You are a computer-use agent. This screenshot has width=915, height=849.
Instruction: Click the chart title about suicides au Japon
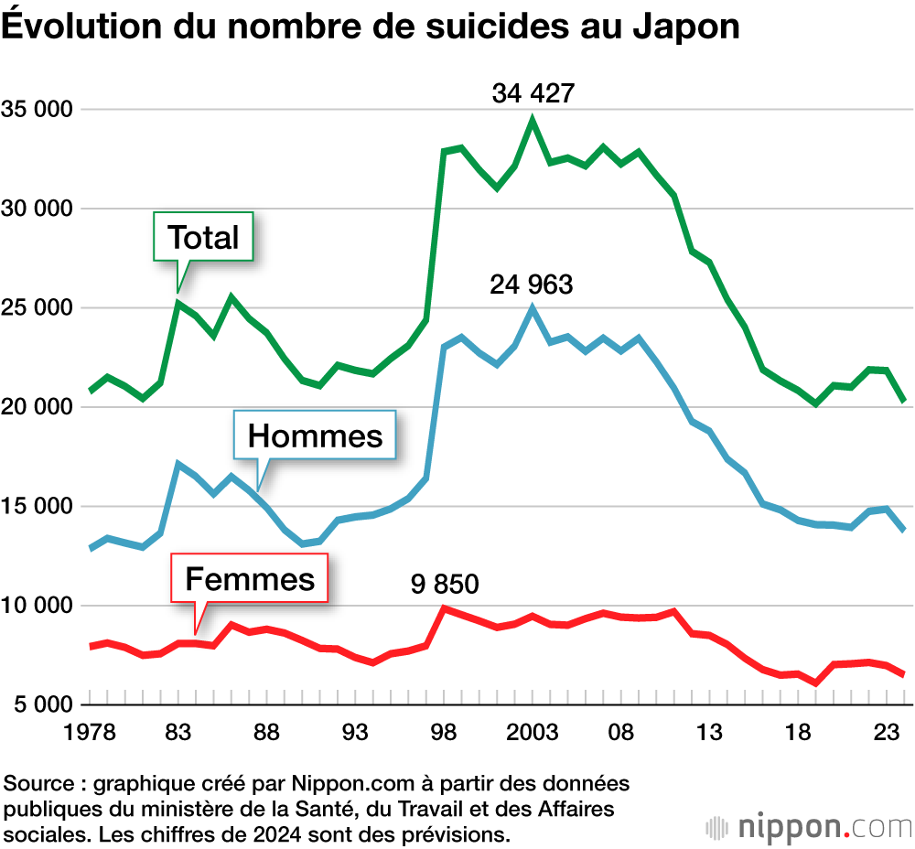pos(371,27)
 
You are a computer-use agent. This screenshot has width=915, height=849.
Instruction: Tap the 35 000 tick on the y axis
pos(38,110)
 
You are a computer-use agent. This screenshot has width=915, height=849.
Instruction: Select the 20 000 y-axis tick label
pos(38,407)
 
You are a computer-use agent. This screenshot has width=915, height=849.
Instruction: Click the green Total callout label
pos(203,238)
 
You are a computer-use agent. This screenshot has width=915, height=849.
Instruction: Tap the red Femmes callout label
pos(250,578)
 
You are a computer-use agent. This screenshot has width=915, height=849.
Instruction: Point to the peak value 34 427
pos(533,93)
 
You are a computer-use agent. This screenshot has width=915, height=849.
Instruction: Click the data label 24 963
pos(532,285)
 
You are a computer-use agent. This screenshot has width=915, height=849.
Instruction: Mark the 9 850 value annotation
pos(445,583)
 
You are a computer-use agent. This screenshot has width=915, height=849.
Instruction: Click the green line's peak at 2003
pos(533,120)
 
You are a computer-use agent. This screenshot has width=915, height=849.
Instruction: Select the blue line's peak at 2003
pos(533,308)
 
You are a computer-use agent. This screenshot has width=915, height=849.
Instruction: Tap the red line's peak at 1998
pos(445,608)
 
